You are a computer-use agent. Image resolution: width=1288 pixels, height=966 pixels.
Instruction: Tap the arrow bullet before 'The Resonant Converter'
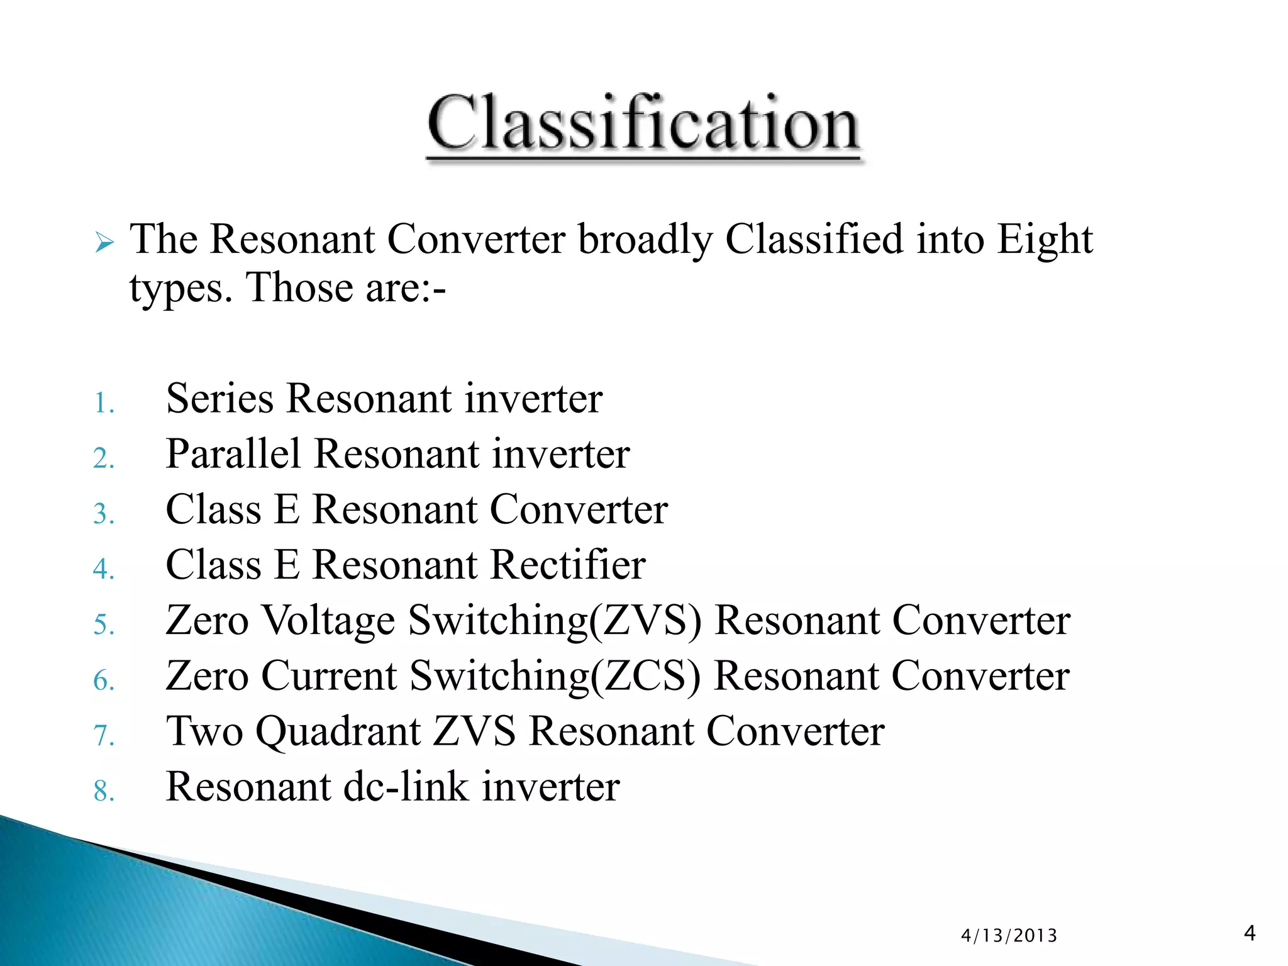(104, 242)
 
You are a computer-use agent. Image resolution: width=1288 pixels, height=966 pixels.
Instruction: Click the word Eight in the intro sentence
(1045, 240)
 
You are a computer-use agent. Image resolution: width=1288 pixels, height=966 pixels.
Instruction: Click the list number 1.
(103, 403)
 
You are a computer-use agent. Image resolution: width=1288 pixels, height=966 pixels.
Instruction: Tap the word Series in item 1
(219, 399)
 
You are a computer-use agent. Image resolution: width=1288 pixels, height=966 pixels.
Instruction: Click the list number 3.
(103, 514)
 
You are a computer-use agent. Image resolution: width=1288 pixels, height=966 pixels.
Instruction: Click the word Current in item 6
(329, 676)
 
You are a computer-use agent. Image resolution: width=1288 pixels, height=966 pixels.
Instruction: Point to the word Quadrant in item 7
(338, 731)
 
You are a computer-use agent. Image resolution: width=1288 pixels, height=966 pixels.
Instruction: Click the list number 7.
(103, 735)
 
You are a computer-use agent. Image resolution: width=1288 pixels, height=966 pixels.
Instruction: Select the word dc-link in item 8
(406, 787)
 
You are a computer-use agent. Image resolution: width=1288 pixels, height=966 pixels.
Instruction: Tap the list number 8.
(103, 791)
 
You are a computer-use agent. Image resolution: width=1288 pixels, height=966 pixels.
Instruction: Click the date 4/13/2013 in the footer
(1009, 936)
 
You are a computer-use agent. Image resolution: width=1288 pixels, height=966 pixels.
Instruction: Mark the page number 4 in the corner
(1250, 933)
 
